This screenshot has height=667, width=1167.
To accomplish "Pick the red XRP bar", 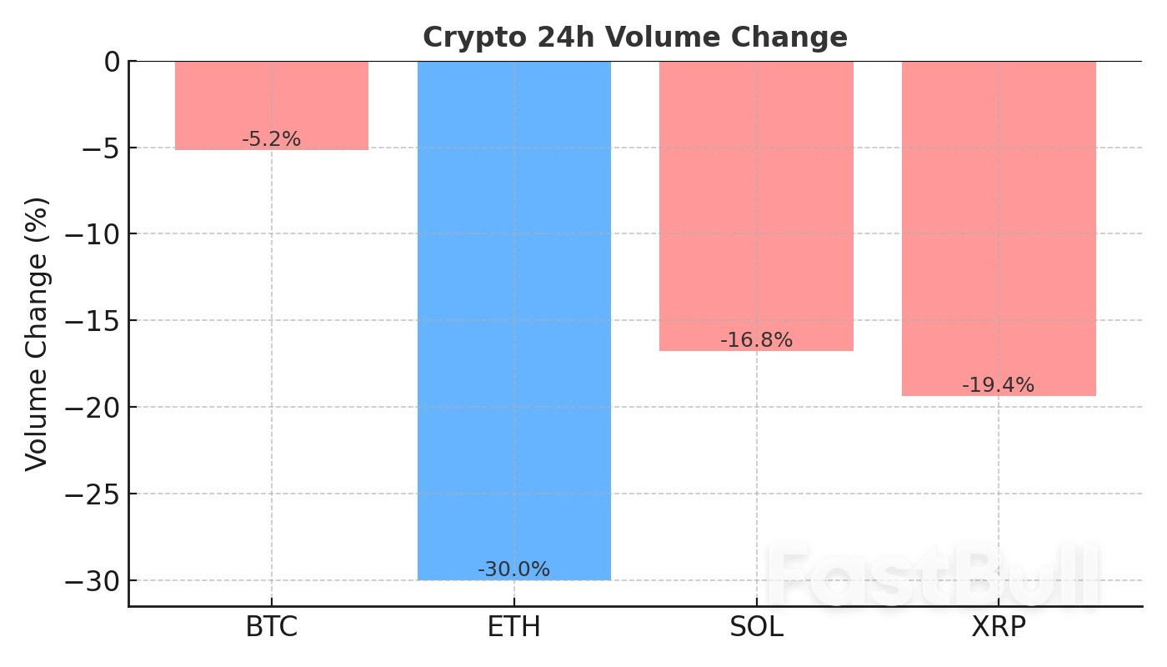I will pyautogui.click(x=999, y=225).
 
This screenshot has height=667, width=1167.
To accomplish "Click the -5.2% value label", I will pyautogui.click(x=271, y=140).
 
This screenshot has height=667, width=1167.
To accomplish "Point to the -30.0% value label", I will pyautogui.click(x=513, y=570).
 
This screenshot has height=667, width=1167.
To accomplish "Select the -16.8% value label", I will pyautogui.click(x=756, y=341).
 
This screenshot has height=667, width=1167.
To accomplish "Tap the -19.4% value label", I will pyautogui.click(x=998, y=386).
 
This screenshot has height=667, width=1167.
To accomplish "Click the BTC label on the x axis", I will pyautogui.click(x=272, y=628).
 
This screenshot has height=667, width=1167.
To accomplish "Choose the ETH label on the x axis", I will pyautogui.click(x=513, y=628).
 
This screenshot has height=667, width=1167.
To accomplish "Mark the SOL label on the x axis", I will pyautogui.click(x=756, y=628).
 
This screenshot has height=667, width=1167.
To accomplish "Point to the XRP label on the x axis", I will pyautogui.click(x=999, y=628).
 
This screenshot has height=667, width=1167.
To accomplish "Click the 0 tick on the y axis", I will pyautogui.click(x=112, y=62).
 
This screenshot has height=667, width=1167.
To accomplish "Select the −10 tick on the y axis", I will pyautogui.click(x=98, y=234).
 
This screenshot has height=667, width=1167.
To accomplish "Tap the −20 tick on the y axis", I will pyautogui.click(x=98, y=408).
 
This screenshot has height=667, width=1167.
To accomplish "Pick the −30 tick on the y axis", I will pyautogui.click(x=98, y=580).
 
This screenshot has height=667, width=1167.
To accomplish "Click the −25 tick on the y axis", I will pyautogui.click(x=98, y=494).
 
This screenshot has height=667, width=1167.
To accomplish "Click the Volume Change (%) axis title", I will pyautogui.click(x=37, y=333).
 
